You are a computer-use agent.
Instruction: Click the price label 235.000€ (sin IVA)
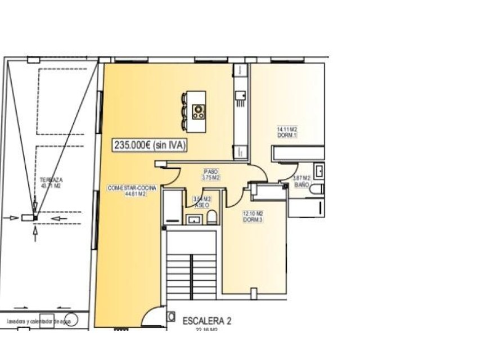click(x=150, y=145)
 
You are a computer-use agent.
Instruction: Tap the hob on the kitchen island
click(x=198, y=111)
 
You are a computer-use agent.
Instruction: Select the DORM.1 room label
click(x=286, y=136)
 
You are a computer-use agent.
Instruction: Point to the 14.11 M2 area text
click(x=286, y=129)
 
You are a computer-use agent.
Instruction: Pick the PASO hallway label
click(x=210, y=172)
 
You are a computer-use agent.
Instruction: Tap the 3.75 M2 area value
click(x=210, y=177)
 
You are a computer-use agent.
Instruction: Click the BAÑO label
click(x=302, y=184)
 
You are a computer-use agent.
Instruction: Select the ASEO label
click(x=202, y=205)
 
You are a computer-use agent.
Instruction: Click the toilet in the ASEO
click(x=211, y=217)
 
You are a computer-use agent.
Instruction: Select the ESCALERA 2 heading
click(x=207, y=321)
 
